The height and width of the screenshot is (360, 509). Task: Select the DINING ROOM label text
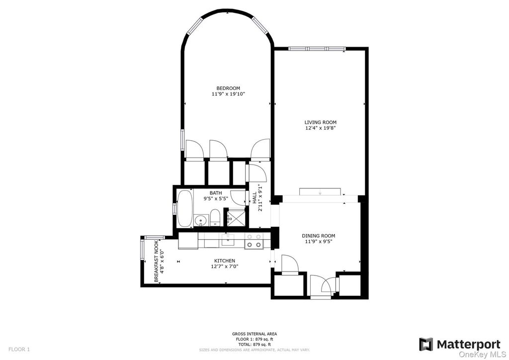(319, 236)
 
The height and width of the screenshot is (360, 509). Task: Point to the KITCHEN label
(225, 261)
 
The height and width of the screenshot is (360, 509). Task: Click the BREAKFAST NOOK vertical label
(157, 262)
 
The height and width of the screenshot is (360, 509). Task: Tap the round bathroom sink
(201, 219)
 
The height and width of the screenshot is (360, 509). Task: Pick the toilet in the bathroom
(215, 218)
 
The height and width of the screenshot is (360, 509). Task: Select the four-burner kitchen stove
(254, 241)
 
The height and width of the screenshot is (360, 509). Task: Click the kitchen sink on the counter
(228, 241)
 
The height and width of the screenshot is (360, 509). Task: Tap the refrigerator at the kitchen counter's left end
(188, 241)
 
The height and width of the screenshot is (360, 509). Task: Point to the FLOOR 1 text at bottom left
(19, 349)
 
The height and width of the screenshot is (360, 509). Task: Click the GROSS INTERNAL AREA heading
(254, 334)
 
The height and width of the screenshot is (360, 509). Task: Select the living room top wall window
(316, 49)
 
